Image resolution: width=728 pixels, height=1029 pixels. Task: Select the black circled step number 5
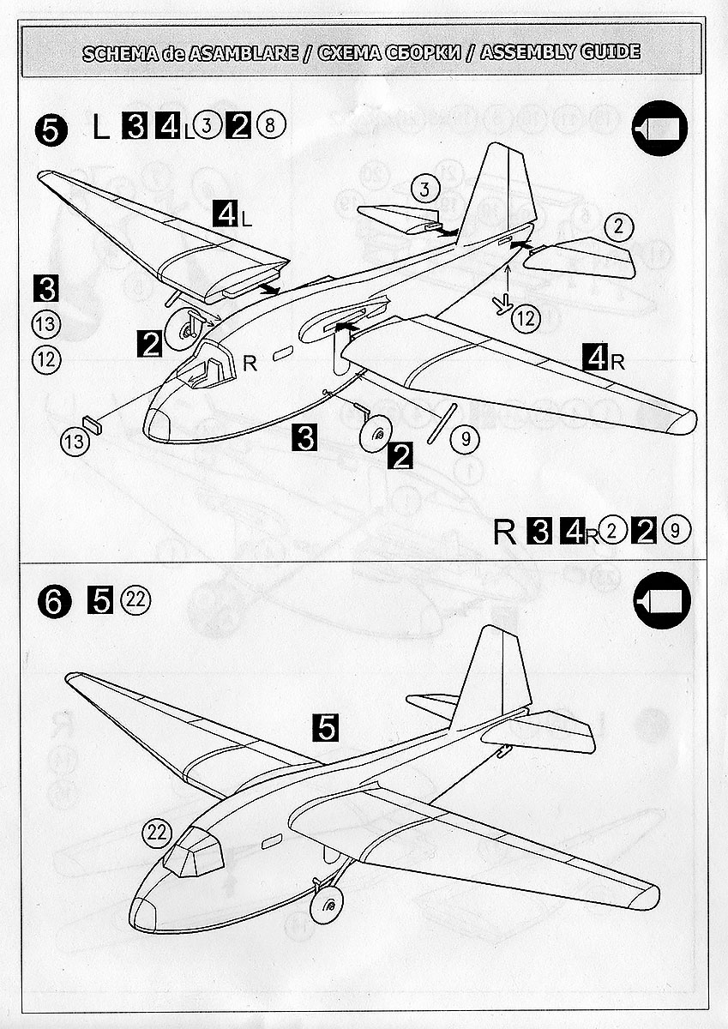coord(51,129)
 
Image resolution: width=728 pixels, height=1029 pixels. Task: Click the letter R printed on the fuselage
coord(250,364)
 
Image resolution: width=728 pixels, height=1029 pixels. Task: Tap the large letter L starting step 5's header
coord(101,129)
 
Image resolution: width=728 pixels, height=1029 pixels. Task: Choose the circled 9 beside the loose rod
coord(466,440)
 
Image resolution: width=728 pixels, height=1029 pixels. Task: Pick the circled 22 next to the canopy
coord(157,831)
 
